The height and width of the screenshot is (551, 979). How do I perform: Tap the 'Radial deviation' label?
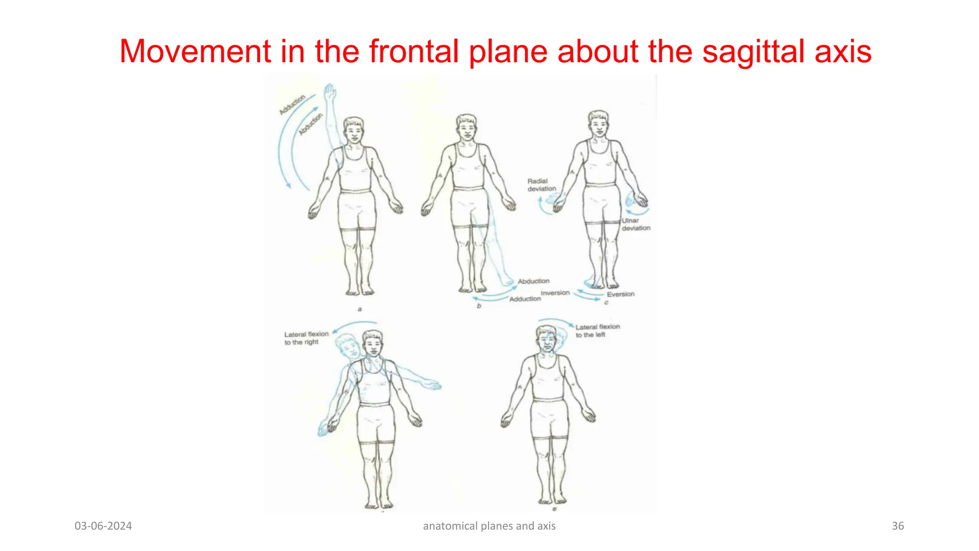[x=541, y=185]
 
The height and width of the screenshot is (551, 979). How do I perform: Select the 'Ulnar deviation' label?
[x=636, y=224]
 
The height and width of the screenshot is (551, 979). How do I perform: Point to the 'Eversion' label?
[x=620, y=294]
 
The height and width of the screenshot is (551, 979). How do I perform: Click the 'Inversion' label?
[x=555, y=293]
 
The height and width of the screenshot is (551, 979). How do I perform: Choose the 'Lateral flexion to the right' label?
[x=306, y=338]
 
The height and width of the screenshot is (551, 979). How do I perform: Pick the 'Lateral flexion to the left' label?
[x=597, y=331]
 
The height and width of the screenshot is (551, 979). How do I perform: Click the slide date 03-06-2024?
[x=103, y=526]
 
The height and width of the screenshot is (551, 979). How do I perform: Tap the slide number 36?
[x=898, y=526]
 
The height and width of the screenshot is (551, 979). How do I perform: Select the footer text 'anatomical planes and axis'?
[x=489, y=526]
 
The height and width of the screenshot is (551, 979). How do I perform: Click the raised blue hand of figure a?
[x=330, y=91]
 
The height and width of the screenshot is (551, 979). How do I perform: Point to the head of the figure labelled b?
[x=466, y=128]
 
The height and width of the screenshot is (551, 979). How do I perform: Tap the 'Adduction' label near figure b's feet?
[x=525, y=299]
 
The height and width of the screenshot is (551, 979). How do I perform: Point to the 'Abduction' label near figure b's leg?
[x=533, y=281]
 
